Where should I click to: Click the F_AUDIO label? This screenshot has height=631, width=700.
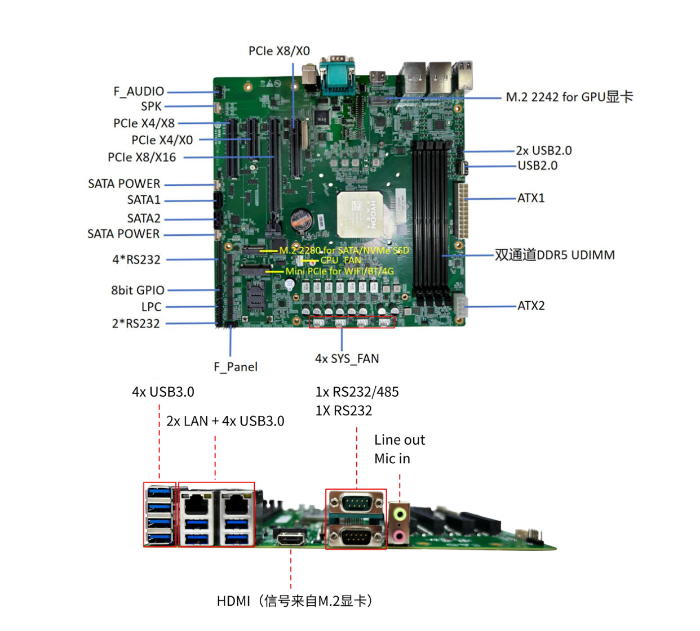click(x=139, y=91)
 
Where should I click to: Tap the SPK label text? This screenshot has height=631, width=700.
click(x=151, y=106)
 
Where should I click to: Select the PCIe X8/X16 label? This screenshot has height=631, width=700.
click(x=141, y=158)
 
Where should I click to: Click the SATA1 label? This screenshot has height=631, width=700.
click(x=144, y=200)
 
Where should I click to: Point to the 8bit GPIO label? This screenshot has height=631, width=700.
click(x=138, y=290)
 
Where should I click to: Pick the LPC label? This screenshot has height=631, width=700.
click(x=151, y=307)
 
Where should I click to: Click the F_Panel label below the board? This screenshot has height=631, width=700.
click(x=236, y=367)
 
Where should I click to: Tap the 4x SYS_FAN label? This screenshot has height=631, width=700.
click(x=347, y=359)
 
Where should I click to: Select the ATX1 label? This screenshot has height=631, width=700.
click(x=531, y=198)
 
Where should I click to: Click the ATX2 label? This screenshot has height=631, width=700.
click(x=531, y=306)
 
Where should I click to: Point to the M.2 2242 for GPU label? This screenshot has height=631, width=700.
click(x=569, y=97)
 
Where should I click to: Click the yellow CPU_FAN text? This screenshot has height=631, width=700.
click(x=340, y=260)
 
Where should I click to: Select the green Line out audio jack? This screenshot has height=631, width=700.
click(x=400, y=513)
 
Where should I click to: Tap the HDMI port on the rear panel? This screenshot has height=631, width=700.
click(x=291, y=539)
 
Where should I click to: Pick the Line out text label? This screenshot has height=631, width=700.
click(x=399, y=440)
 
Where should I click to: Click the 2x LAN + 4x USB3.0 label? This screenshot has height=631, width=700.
click(x=225, y=421)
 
